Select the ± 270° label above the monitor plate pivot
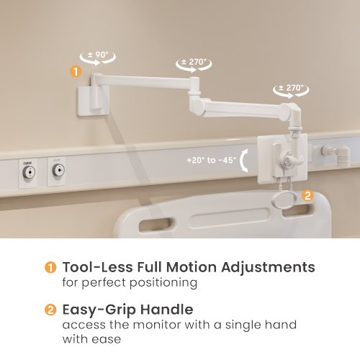point(291,88)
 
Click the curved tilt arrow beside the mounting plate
point(245,159)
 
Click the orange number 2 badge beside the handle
point(307,194)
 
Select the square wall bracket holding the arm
point(91,97)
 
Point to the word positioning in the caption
point(159,283)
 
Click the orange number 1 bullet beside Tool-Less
point(50,268)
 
